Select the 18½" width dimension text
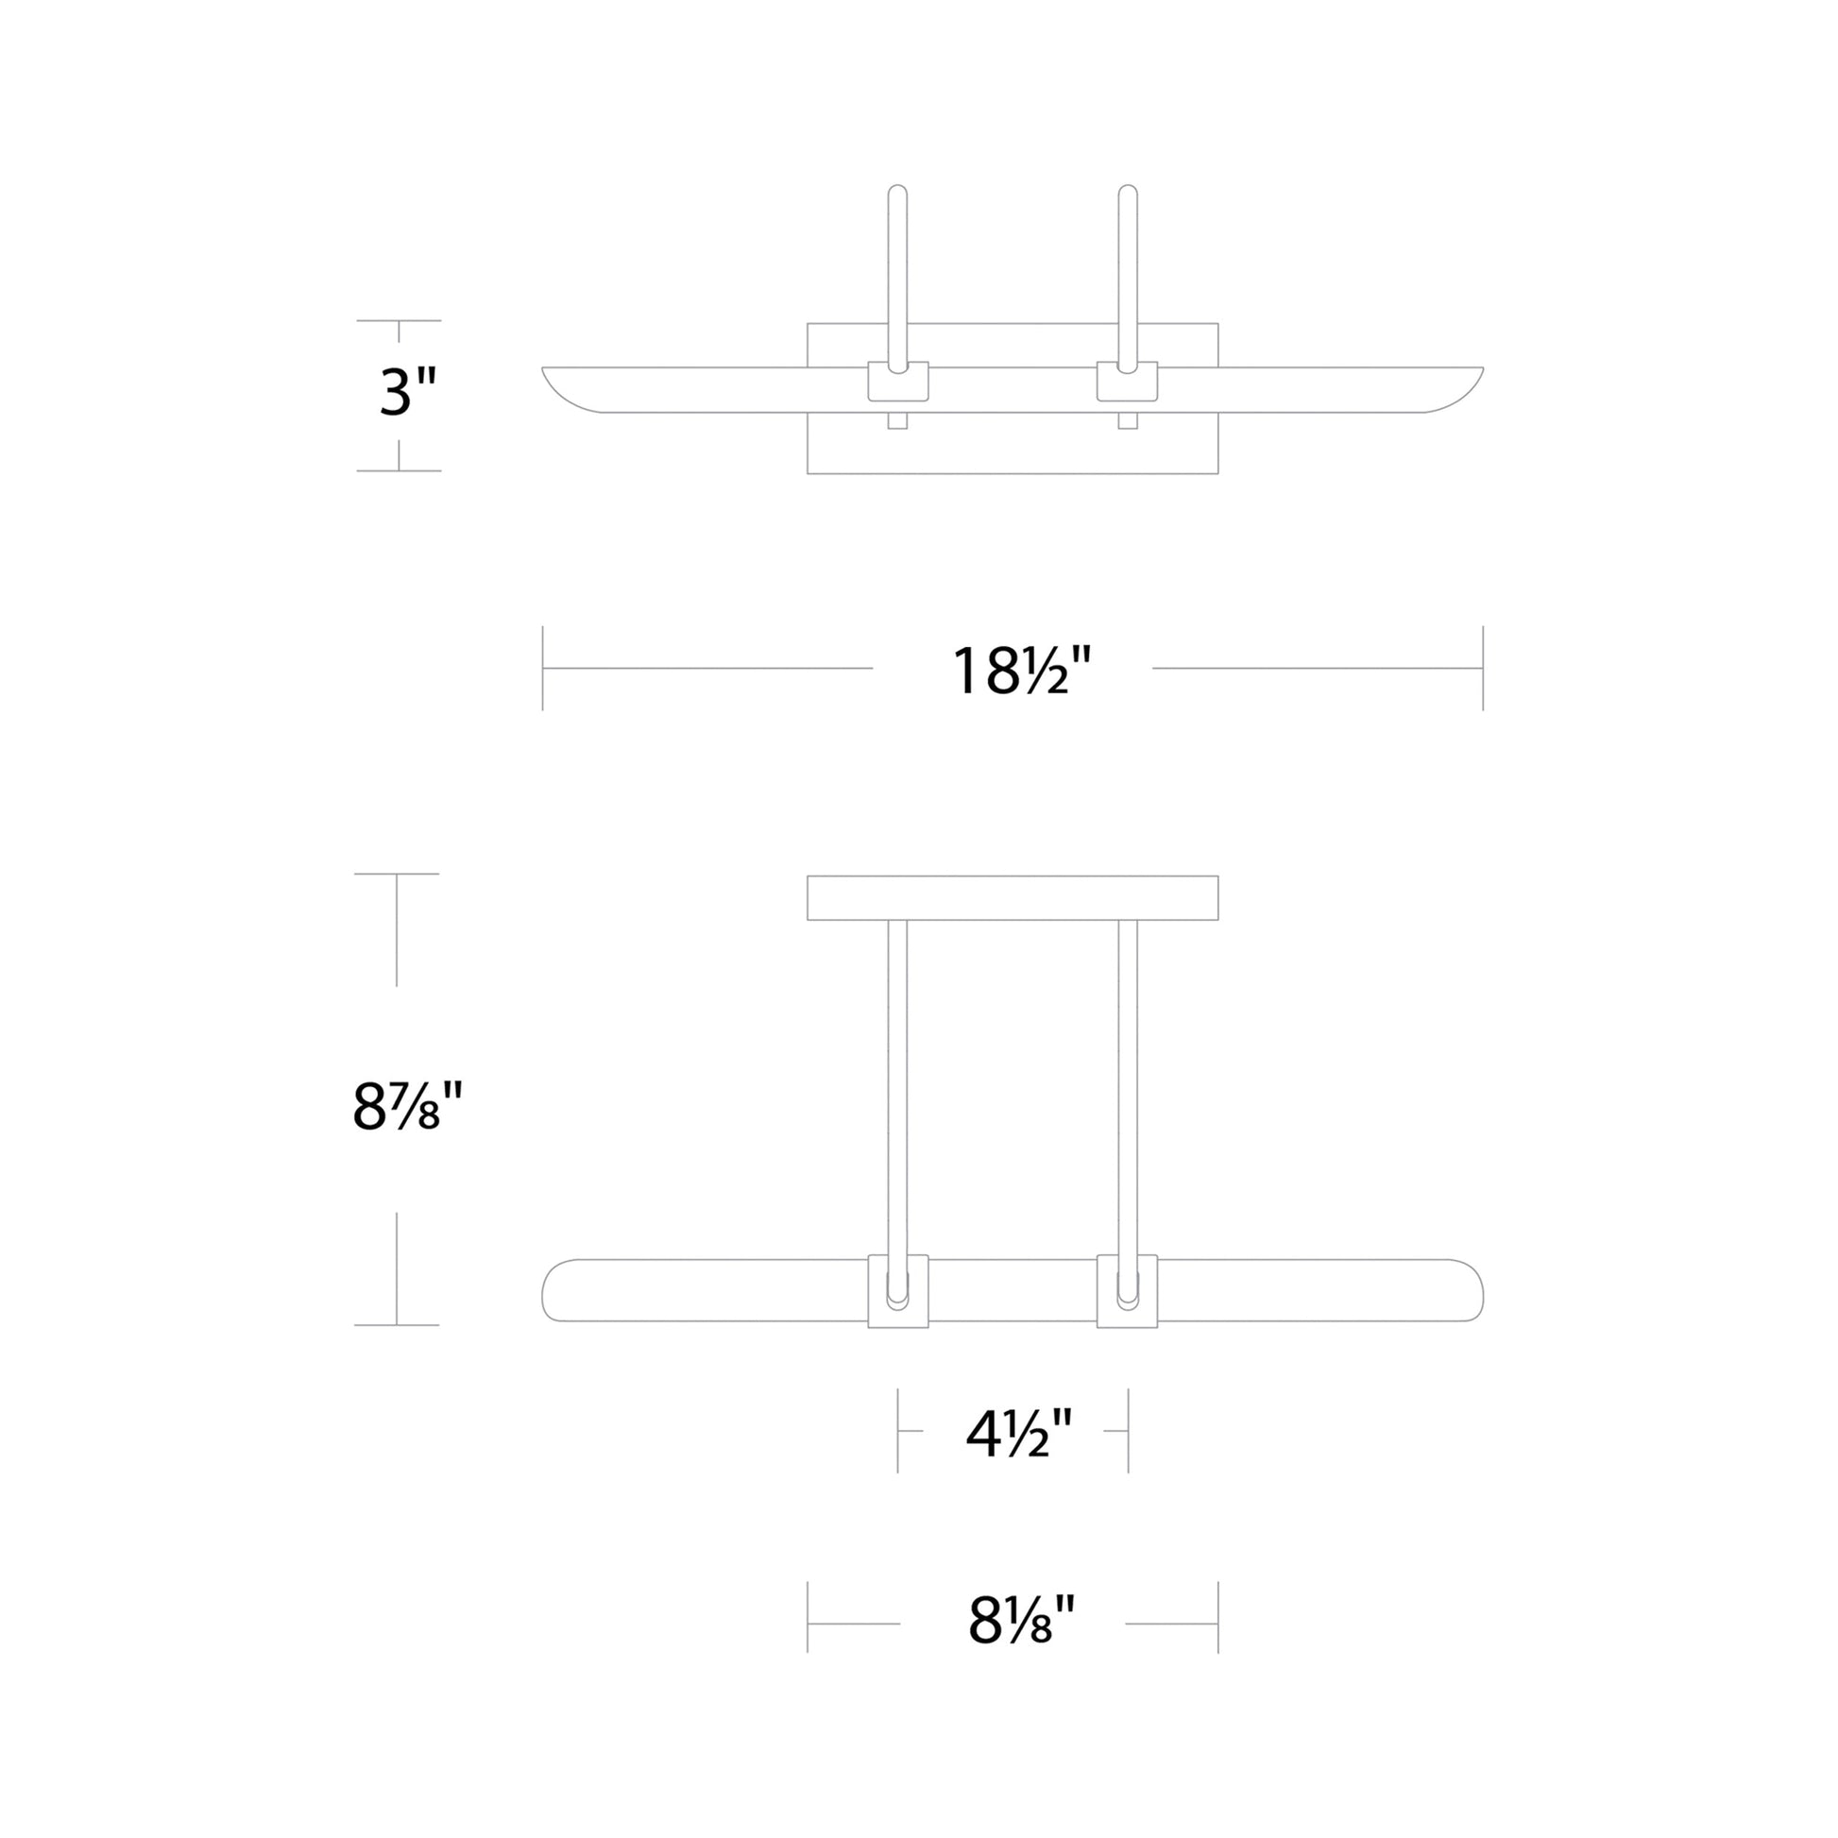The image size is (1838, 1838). [x=1021, y=671]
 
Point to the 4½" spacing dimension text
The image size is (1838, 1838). [x=1019, y=1435]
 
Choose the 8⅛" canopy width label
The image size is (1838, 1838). [x=1021, y=1620]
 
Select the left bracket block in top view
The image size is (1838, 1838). [x=898, y=383]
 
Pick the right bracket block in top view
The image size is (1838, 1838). [x=1128, y=383]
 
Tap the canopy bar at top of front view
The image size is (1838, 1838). [x=1013, y=897]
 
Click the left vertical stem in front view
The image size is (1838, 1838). [x=897, y=1084]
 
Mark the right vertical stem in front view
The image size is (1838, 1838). [x=1128, y=1084]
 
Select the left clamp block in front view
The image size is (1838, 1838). [x=898, y=1291]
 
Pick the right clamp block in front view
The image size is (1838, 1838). [x=1128, y=1291]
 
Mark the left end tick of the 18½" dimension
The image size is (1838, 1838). [x=542, y=668]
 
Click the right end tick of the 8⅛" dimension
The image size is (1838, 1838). [x=1217, y=1623]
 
